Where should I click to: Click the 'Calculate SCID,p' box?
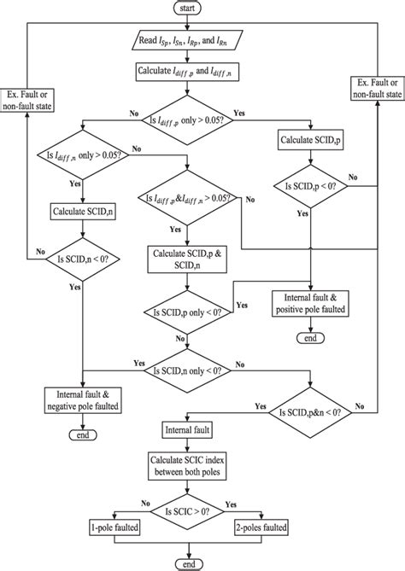point(310,140)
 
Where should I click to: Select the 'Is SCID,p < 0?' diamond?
point(310,185)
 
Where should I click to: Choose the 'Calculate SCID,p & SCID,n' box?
point(190,259)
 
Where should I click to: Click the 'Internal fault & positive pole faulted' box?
point(310,304)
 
